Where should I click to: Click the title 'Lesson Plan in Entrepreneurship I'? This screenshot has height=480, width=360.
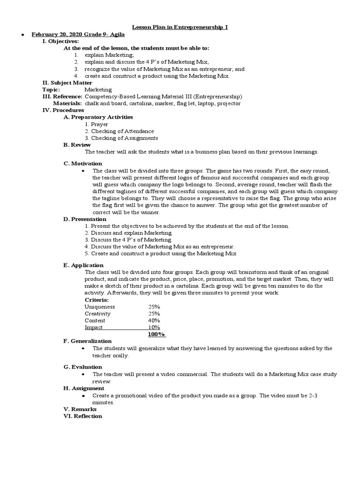180,28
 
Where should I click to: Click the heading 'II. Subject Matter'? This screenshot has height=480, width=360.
67,82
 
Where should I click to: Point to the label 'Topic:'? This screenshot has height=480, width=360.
51,90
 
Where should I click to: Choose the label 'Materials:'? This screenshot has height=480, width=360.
67,103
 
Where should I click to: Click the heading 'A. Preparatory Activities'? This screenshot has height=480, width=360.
98,117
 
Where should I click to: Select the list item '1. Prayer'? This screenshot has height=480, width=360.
97,124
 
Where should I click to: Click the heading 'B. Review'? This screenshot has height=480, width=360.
77,145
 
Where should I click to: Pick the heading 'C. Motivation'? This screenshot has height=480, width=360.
82,164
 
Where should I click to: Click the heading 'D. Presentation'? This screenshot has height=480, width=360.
85,219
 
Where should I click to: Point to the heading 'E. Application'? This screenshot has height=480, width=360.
83,265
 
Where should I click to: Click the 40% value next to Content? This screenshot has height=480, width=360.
154,321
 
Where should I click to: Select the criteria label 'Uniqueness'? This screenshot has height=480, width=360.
99,307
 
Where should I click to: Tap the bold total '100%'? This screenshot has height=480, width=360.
156,334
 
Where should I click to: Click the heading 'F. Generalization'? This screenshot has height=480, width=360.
88,341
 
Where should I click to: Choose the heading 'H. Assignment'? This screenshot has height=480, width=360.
84,389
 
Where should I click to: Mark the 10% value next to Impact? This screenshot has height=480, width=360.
154,328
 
